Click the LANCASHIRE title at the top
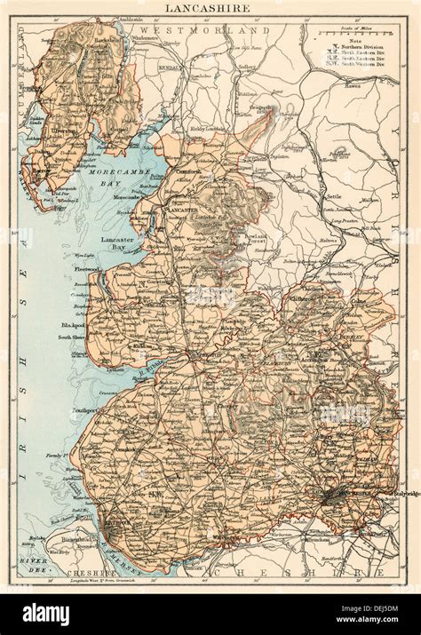tap(210, 7)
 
